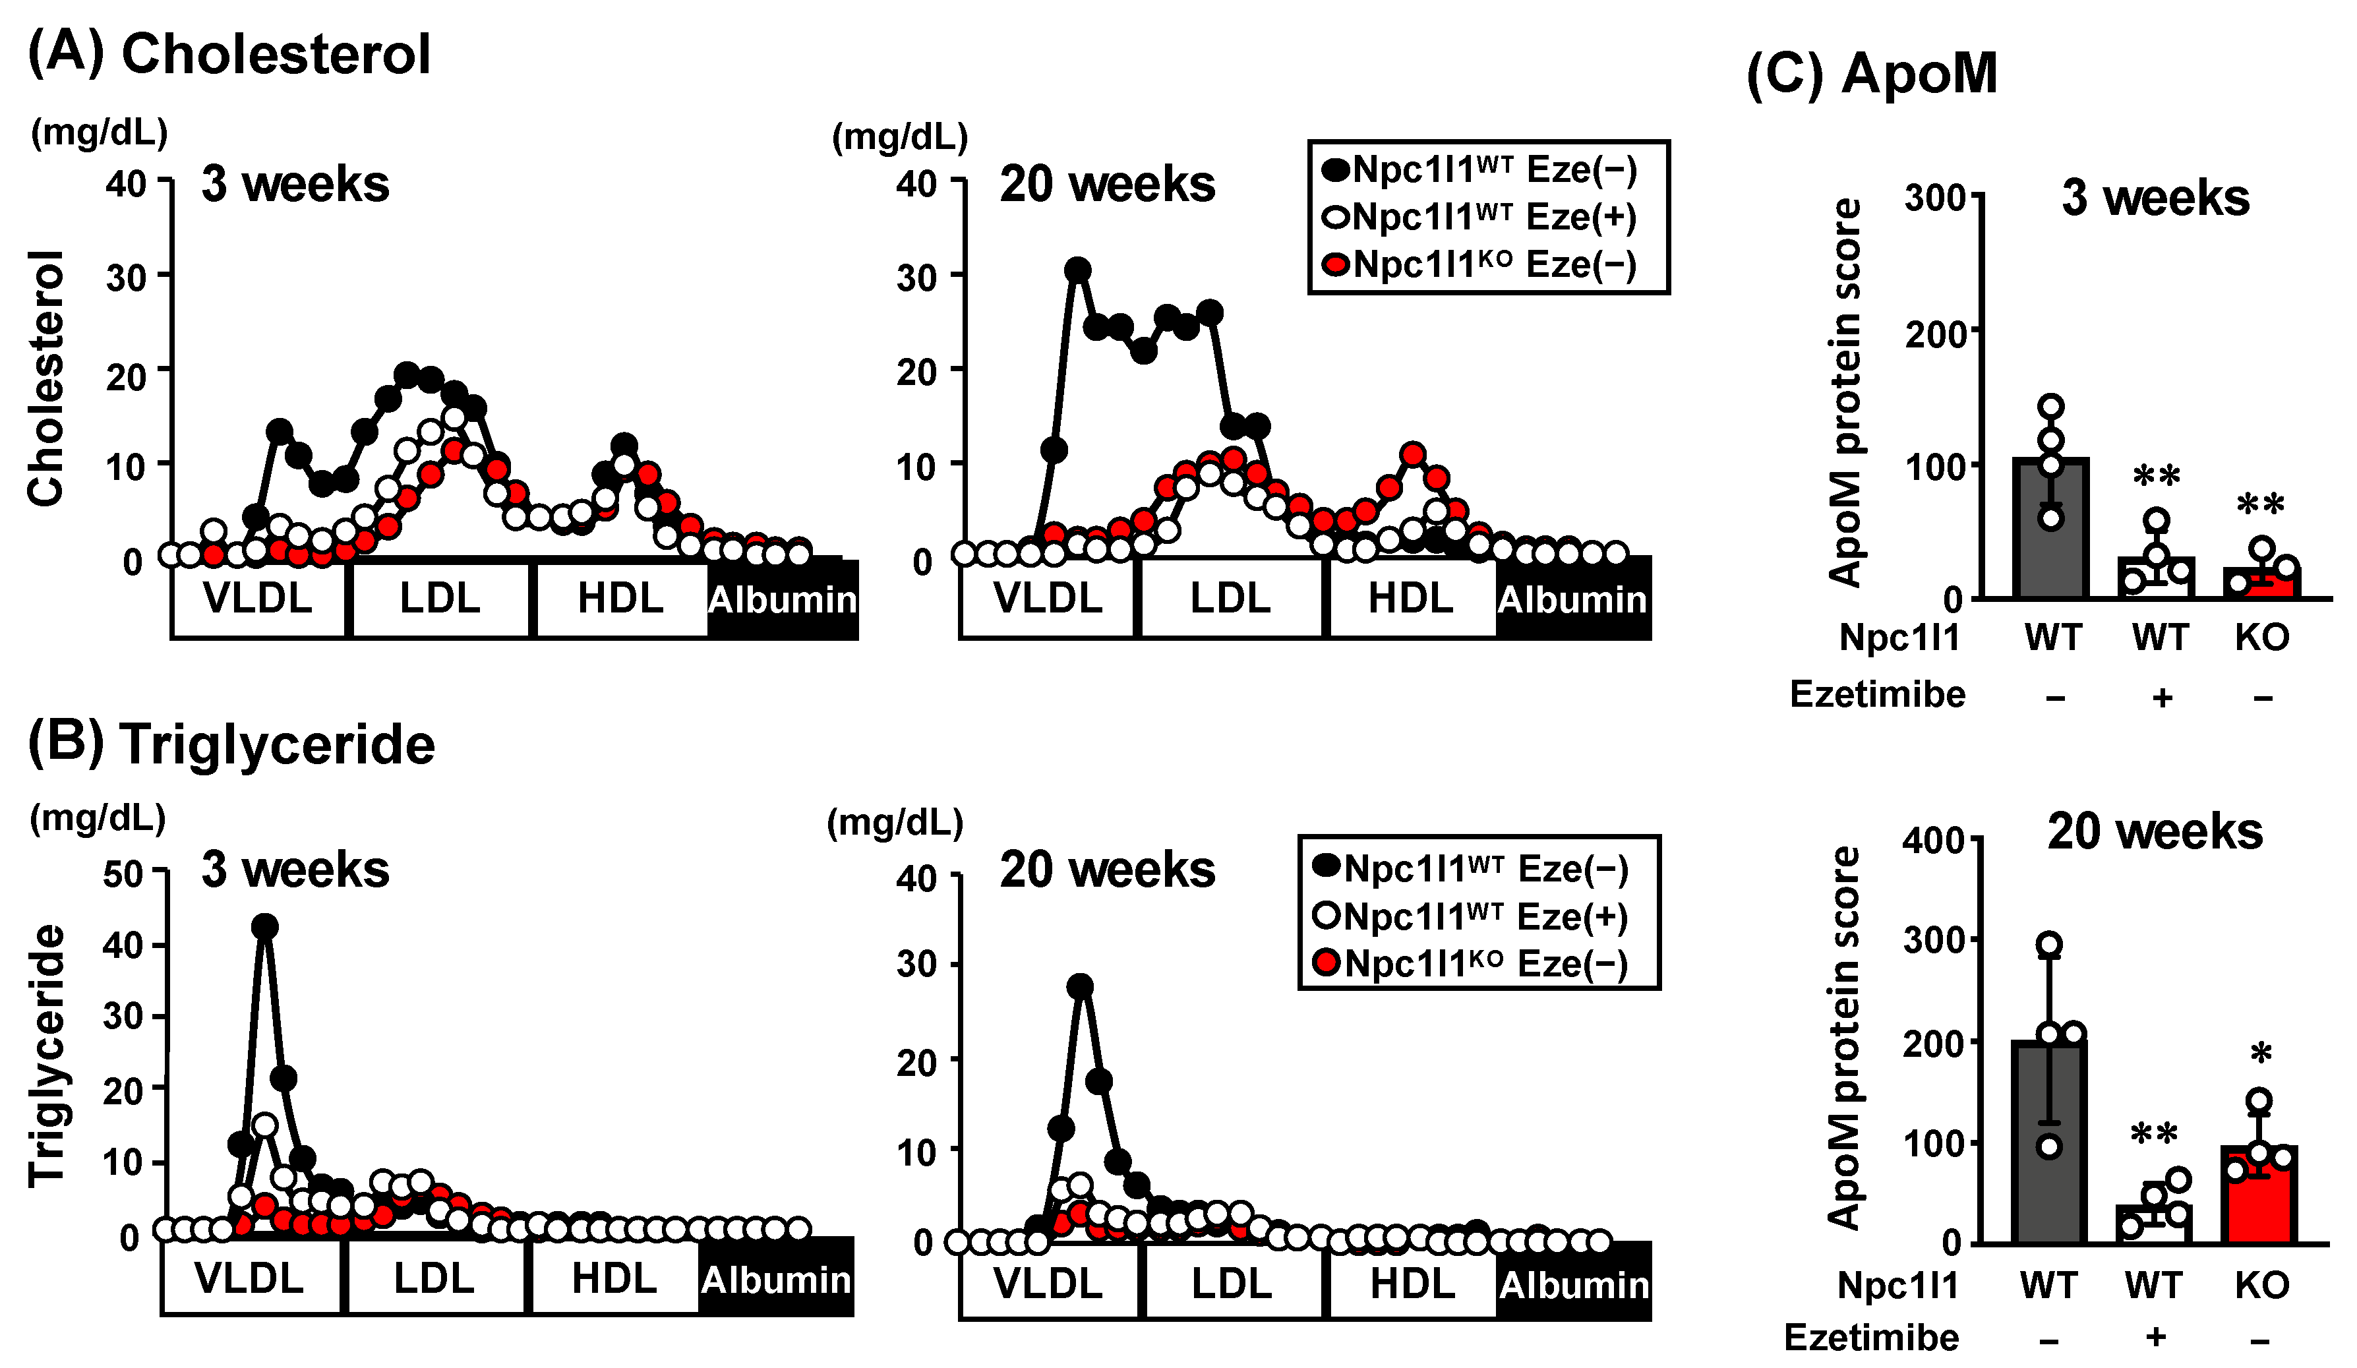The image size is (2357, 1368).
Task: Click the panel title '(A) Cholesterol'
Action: click(229, 53)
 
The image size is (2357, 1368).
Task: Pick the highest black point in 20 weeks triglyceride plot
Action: click(1081, 986)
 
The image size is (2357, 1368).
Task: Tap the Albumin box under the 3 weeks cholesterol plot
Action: click(782, 599)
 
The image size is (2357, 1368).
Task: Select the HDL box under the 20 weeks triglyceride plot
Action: click(1412, 1283)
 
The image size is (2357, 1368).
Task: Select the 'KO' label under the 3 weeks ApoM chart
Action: click(2261, 638)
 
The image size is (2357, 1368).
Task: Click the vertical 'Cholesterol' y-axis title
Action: click(46, 378)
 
